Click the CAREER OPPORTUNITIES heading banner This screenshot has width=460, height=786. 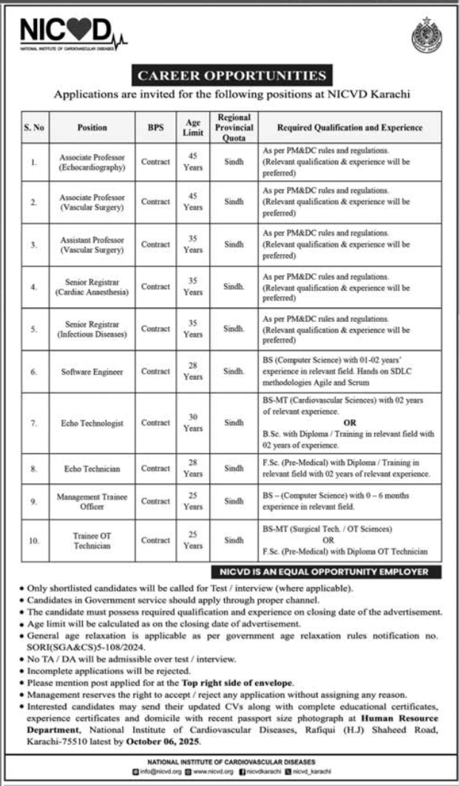[x=230, y=75]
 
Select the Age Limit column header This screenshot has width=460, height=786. [x=192, y=127]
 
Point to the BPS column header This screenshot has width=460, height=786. [x=155, y=127]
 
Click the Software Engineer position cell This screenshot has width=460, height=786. [x=92, y=371]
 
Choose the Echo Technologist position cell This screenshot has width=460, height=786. [x=92, y=423]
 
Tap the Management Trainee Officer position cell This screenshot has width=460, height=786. [x=92, y=500]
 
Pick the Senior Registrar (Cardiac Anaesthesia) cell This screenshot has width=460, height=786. [x=92, y=286]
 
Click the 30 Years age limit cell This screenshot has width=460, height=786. [x=192, y=423]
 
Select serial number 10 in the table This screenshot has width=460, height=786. [x=34, y=540]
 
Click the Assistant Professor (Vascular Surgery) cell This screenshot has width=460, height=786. [x=92, y=244]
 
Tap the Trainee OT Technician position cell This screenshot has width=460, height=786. [x=92, y=540]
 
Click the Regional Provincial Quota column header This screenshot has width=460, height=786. [x=234, y=127]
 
